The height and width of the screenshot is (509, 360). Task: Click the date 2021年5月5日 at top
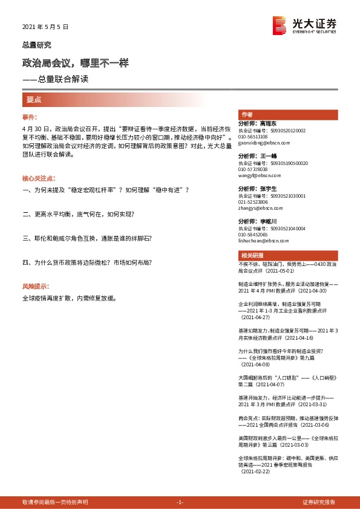(46, 27)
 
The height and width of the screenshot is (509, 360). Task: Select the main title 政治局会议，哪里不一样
(75, 63)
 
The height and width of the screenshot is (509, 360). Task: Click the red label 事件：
(31, 117)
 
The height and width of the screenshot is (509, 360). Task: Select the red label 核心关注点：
(39, 179)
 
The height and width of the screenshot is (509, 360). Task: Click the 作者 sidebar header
(247, 114)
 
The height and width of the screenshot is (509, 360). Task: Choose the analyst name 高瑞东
(269, 123)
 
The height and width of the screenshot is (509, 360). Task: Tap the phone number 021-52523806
(254, 203)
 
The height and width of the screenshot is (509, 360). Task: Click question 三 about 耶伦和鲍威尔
(87, 238)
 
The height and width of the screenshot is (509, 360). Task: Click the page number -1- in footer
(179, 502)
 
